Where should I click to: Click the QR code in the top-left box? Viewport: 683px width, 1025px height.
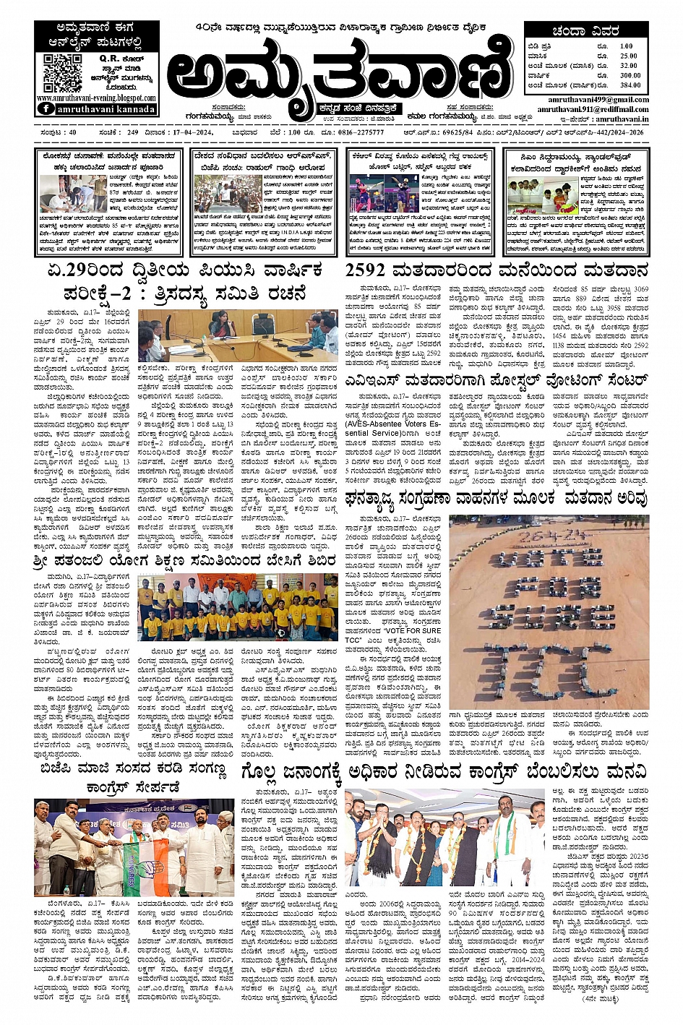tap(62, 72)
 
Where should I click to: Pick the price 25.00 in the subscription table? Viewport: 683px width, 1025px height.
tap(628, 56)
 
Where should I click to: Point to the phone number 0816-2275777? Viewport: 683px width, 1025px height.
tap(361, 132)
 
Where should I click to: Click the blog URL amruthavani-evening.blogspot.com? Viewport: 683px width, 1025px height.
tap(96, 98)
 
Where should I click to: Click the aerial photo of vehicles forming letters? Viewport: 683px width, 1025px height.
tap(549, 612)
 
